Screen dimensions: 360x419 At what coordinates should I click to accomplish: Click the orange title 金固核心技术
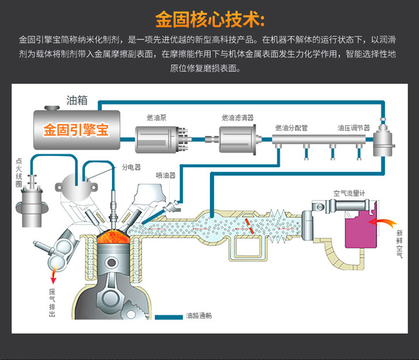pyautogui.click(x=209, y=19)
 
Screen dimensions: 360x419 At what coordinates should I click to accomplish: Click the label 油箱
pyautogui.click(x=77, y=100)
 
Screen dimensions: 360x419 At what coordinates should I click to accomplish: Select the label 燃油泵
pyautogui.click(x=157, y=118)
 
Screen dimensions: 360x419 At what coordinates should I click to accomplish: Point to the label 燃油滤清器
pyautogui.click(x=238, y=118)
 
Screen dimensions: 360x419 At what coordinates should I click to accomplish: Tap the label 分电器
pyautogui.click(x=131, y=168)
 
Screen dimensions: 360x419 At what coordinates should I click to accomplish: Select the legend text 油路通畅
pyautogui.click(x=199, y=316)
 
